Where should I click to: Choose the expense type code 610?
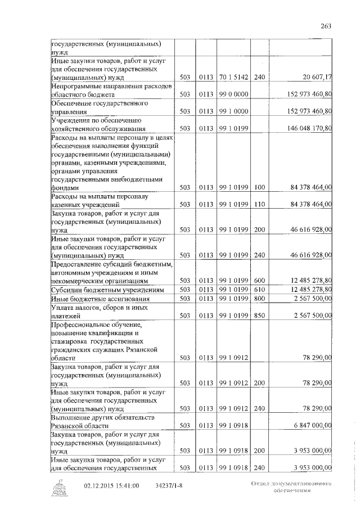[x=259, y=289]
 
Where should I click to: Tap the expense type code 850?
[x=259, y=315]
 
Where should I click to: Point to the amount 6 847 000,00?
[x=313, y=425]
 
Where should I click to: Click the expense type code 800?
[x=259, y=298]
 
